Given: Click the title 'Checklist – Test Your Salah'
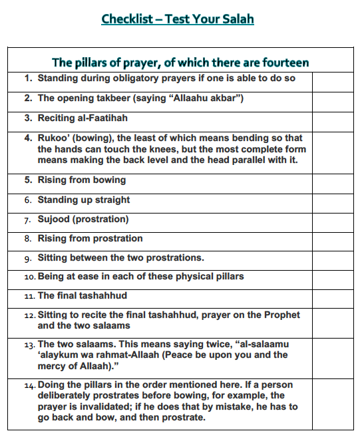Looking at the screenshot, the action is [178, 19].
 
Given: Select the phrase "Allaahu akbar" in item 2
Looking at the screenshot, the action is [207, 98].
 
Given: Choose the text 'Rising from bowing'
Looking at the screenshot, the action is [81, 180].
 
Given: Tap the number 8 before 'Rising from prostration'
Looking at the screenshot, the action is [28, 239].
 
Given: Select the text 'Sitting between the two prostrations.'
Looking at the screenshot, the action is [120, 257].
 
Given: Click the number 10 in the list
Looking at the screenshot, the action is [29, 277].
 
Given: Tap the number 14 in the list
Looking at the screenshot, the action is [29, 386].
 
